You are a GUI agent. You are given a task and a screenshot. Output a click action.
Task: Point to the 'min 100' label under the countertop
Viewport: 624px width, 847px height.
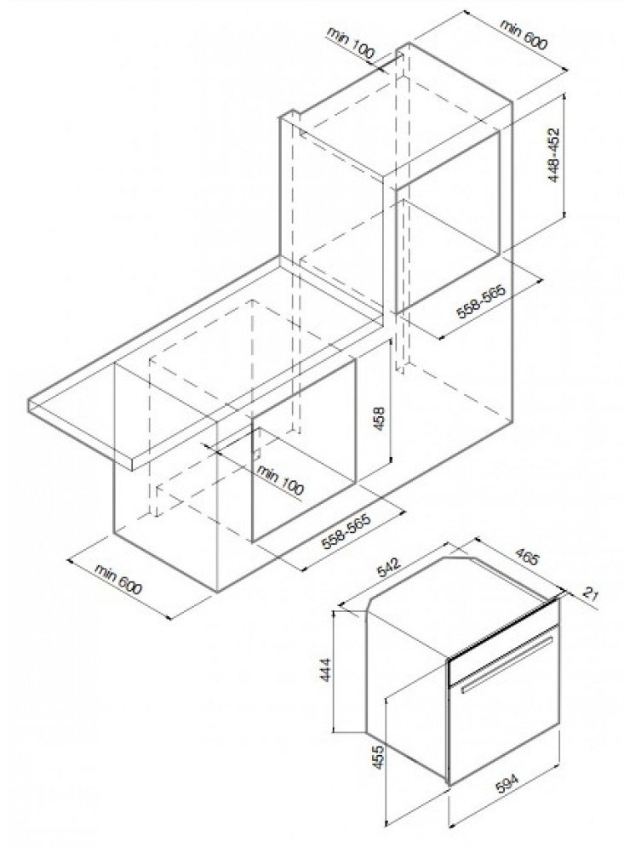(280, 478)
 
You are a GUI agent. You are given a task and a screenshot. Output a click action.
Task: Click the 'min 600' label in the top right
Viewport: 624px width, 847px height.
(523, 35)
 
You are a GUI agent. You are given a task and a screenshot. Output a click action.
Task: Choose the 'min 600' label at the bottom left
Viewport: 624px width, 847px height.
(118, 579)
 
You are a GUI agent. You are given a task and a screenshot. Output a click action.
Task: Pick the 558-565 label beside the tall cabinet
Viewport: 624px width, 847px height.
(481, 302)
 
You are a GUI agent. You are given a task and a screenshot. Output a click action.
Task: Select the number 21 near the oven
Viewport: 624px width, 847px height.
(591, 594)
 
